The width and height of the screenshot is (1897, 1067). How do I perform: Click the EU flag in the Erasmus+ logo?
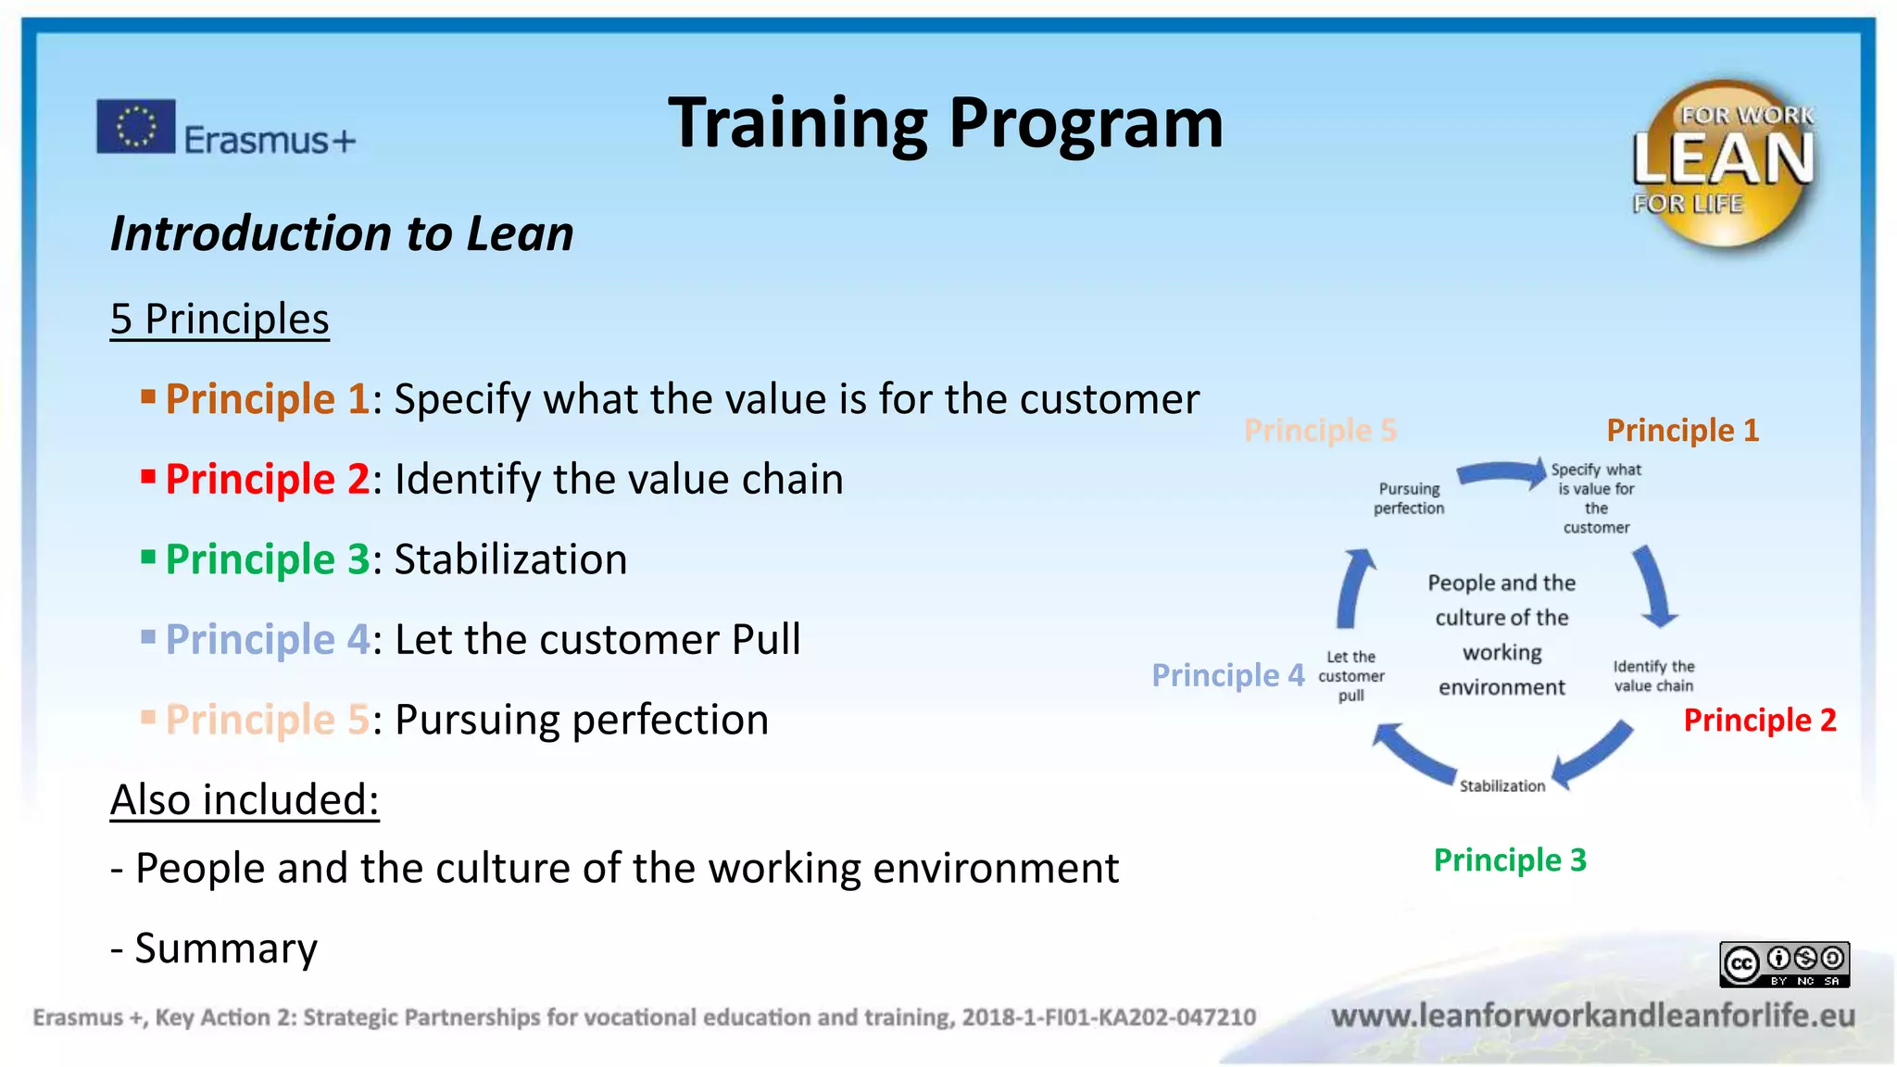coord(135,126)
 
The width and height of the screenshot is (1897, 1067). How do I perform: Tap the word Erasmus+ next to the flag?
coord(269,141)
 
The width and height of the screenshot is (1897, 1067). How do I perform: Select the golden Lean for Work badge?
coord(1723,164)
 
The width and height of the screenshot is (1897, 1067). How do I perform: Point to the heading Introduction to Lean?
coord(342,233)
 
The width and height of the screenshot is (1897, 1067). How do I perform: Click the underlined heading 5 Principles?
coord(220,320)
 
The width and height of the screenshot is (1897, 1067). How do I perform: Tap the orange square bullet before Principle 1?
coord(147,398)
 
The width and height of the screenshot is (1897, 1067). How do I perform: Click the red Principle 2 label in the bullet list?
coord(267,480)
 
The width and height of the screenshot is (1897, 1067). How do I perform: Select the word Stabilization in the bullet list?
coord(510,559)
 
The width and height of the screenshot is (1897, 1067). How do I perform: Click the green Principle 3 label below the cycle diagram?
coord(1509,860)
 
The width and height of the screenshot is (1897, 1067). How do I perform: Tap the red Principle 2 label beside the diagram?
coord(1759,721)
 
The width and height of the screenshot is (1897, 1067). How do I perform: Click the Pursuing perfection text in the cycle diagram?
coord(1408,498)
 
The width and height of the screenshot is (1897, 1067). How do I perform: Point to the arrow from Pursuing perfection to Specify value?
coord(1501,473)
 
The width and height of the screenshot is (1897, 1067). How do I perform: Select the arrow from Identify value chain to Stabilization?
coord(1591,755)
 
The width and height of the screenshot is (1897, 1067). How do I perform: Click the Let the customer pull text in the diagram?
coord(1351,676)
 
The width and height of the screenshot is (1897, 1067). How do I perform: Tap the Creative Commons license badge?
coord(1784,964)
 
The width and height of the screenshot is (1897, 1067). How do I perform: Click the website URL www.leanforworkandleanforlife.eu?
coord(1593,1016)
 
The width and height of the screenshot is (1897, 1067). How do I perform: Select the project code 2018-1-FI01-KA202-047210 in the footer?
coord(1109,1018)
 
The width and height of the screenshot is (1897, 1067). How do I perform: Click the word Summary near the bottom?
coord(226,948)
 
